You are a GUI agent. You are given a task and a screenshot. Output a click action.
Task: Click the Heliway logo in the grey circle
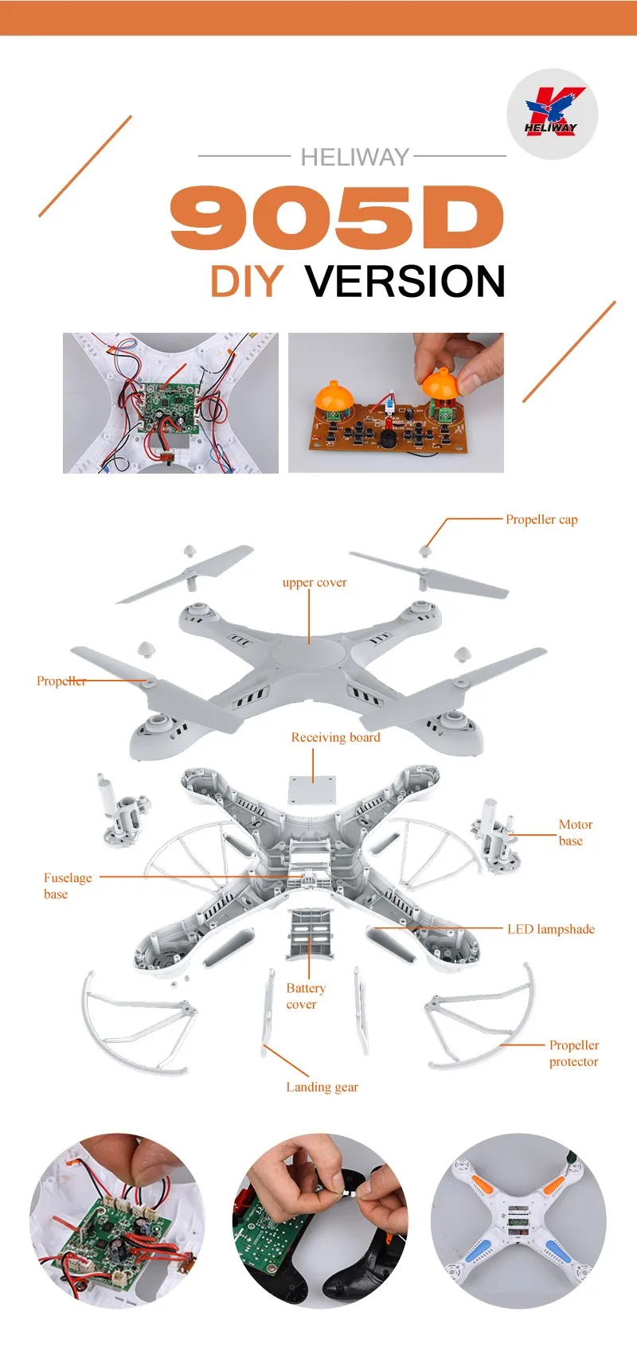click(x=552, y=113)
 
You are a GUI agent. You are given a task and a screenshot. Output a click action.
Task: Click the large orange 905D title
click(x=337, y=217)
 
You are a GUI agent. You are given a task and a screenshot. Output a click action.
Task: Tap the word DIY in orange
click(x=247, y=281)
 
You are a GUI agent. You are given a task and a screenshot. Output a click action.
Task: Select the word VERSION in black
click(x=404, y=281)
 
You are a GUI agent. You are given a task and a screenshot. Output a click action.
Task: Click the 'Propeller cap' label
click(x=541, y=520)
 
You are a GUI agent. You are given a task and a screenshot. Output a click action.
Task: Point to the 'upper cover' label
click(x=315, y=582)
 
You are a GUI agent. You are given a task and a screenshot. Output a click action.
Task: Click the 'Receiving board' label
click(x=336, y=737)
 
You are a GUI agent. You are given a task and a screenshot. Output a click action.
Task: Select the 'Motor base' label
click(x=576, y=832)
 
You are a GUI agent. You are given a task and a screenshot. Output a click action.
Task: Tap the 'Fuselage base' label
click(x=68, y=886)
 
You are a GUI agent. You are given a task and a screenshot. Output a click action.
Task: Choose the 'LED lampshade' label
click(x=551, y=929)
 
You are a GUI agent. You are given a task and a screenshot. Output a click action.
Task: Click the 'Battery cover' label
click(x=306, y=996)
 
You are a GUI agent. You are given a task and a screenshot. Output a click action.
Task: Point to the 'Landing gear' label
click(x=322, y=1087)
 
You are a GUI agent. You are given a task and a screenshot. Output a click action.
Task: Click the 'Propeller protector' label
click(x=574, y=1053)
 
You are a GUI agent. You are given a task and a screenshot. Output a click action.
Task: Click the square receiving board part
click(x=311, y=791)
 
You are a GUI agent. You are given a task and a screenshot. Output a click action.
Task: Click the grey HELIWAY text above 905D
click(x=355, y=157)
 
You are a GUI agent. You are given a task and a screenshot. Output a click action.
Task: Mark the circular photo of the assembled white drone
click(x=518, y=1220)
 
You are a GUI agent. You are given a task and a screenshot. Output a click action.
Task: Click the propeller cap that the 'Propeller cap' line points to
click(x=425, y=549)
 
